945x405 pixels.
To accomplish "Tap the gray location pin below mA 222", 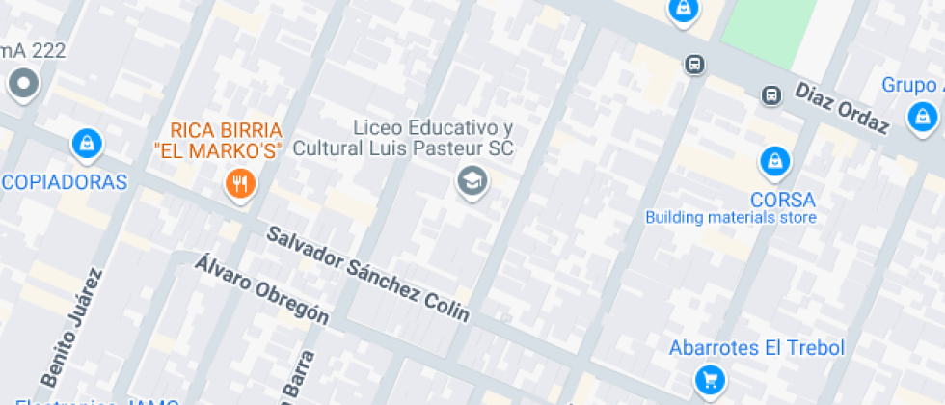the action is (x=22, y=85).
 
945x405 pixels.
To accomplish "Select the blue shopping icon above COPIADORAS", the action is (x=87, y=146).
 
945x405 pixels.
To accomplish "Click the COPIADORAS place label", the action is (x=64, y=182).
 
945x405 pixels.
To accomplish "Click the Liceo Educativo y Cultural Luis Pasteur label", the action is (x=403, y=139).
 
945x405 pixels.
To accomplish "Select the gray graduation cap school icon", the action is (x=472, y=179).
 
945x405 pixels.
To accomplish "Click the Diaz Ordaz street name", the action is (x=841, y=107).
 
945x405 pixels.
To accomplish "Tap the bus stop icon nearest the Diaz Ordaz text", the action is (x=770, y=95).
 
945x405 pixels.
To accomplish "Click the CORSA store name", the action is (x=782, y=201).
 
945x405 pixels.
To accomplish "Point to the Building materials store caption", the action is (x=731, y=218).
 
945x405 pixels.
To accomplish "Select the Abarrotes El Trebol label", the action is (x=757, y=348).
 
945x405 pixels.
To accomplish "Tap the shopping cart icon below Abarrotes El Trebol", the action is (x=710, y=380).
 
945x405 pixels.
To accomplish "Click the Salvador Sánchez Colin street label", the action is (x=368, y=274).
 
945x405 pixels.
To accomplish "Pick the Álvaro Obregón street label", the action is (x=262, y=287).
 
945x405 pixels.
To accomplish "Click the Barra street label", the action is (x=299, y=376).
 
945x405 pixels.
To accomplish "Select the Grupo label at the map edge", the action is (x=912, y=85).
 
